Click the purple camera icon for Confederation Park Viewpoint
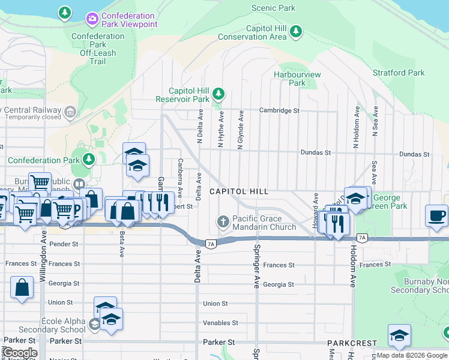(x=92, y=19)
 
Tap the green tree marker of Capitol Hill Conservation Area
(x=295, y=31)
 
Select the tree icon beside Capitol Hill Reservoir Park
(x=219, y=94)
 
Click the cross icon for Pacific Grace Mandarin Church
(x=223, y=222)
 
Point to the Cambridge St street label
(x=279, y=110)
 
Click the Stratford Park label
(x=399, y=73)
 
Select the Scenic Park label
(x=273, y=8)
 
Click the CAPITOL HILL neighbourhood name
(x=238, y=191)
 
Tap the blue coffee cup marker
(x=436, y=215)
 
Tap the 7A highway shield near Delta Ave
(x=210, y=244)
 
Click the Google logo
(x=19, y=353)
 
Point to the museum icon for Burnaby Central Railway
(x=70, y=110)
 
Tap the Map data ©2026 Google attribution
(x=412, y=355)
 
